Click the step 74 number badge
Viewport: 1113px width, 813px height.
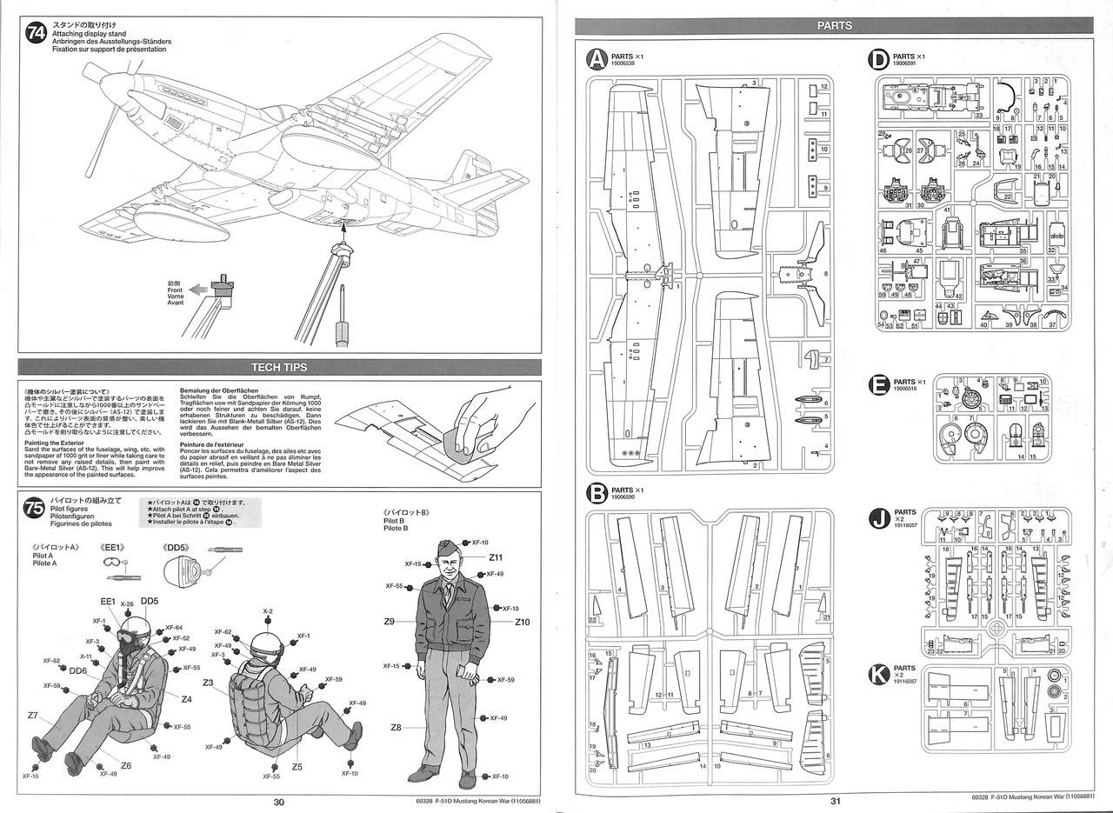[x=37, y=35]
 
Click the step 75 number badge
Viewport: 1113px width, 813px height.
[x=37, y=508]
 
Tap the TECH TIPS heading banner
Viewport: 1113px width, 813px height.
[x=278, y=368]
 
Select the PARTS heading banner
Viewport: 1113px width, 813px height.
[x=834, y=25]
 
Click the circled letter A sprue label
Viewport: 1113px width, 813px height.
[x=596, y=58]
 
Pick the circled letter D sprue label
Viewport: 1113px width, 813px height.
[x=878, y=59]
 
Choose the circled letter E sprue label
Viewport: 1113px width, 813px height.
[x=878, y=385]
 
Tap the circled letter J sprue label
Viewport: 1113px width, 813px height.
[x=878, y=520]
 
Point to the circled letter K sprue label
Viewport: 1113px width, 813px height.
[x=878, y=671]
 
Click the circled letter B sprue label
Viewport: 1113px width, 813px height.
[x=596, y=494]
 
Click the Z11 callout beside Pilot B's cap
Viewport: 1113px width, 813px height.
[x=497, y=557]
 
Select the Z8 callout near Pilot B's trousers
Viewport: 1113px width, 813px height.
[x=397, y=727]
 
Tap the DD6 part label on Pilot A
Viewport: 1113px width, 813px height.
[x=77, y=670]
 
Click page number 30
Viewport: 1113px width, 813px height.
[x=278, y=803]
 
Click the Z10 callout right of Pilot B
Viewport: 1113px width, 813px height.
[x=523, y=622]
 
